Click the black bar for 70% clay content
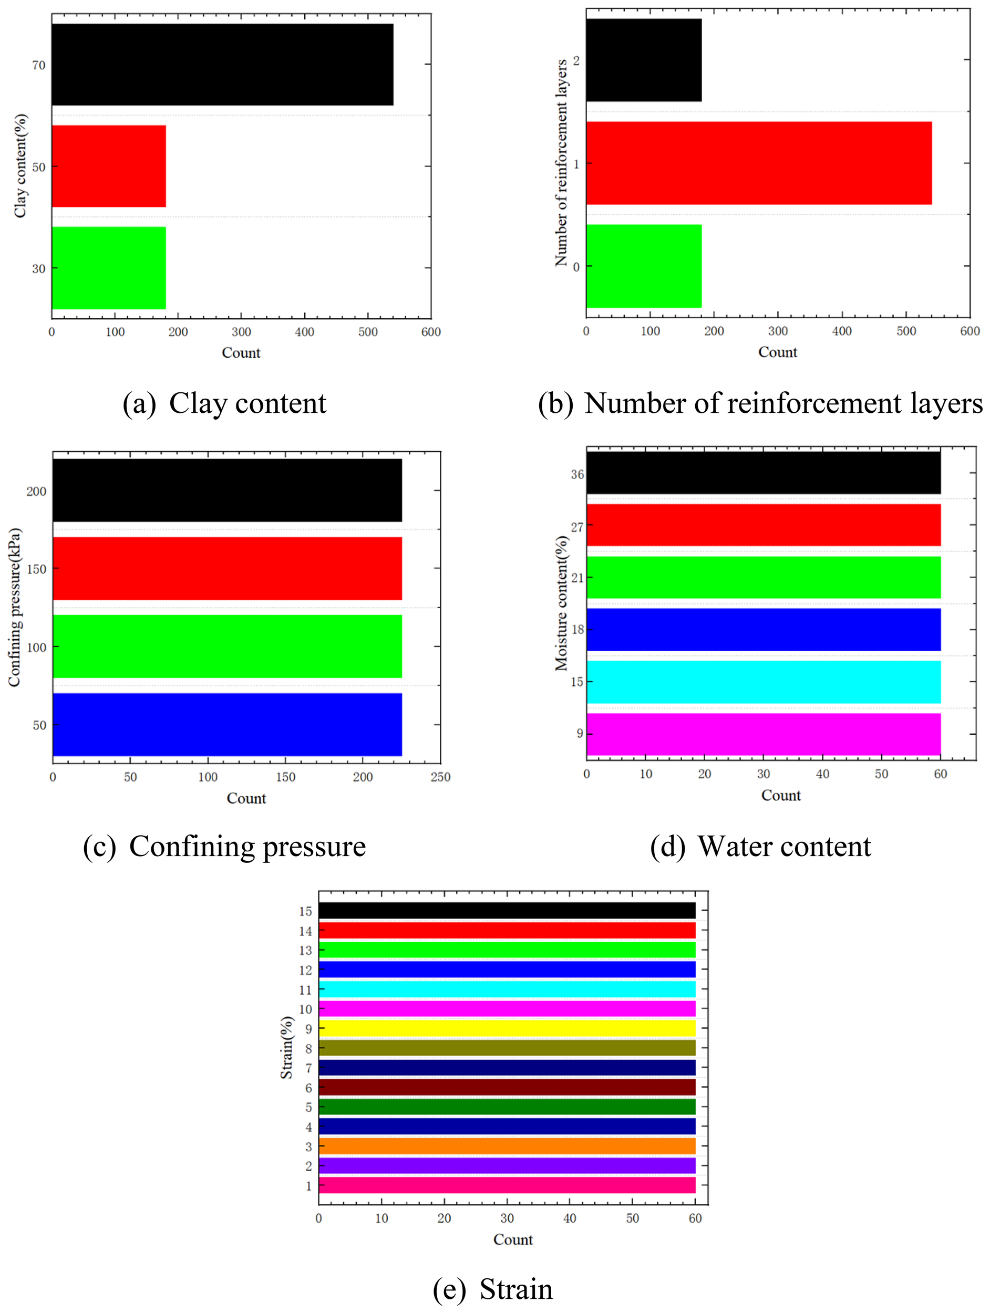click(222, 64)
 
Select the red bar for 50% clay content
click(109, 166)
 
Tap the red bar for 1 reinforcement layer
click(758, 163)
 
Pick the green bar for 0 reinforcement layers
click(644, 266)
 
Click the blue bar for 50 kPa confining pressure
click(227, 724)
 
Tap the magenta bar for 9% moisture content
click(763, 734)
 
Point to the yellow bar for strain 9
click(507, 1028)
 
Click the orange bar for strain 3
click(507, 1145)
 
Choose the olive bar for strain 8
click(507, 1048)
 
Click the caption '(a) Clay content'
click(224, 404)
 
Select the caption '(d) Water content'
click(760, 847)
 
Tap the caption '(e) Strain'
click(493, 1289)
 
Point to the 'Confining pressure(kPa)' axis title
click(14, 607)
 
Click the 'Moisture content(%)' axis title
click(561, 603)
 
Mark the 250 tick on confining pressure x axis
click(440, 776)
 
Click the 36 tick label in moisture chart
click(577, 474)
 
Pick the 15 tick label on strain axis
click(305, 911)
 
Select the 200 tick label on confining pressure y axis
click(36, 491)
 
